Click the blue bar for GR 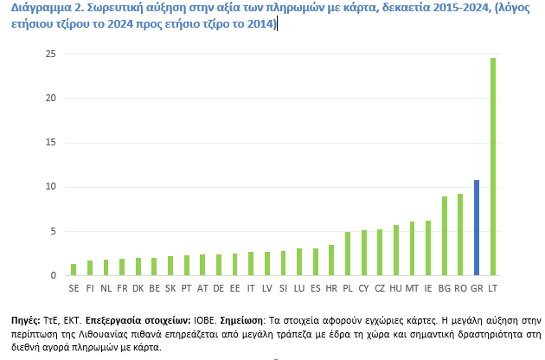(x=476, y=228)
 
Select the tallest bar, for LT (x=492, y=167)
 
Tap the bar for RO (x=460, y=235)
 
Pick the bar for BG (x=444, y=236)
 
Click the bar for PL (x=347, y=254)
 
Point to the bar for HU (x=395, y=250)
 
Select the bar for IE (x=427, y=248)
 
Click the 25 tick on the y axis (x=50, y=54)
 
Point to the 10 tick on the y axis (x=50, y=187)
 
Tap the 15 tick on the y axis (x=50, y=143)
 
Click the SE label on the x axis (x=74, y=286)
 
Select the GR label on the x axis (x=476, y=286)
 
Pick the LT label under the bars (x=492, y=286)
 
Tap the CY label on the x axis (x=363, y=286)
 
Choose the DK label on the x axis (x=138, y=286)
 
